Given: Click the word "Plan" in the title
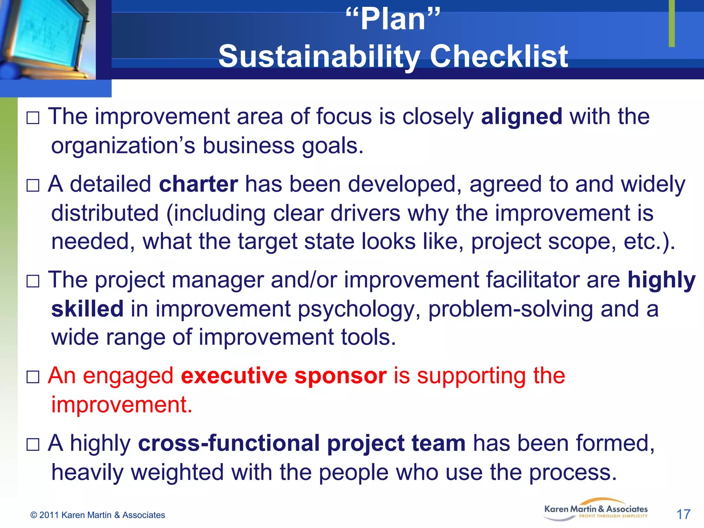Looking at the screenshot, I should [x=393, y=20].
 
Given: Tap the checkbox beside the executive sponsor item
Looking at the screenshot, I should [x=33, y=377].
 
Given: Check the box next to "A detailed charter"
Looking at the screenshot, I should [x=33, y=186].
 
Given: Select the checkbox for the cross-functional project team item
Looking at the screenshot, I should [x=33, y=444].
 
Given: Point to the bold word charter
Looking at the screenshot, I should [x=198, y=184].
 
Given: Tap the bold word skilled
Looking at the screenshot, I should [x=87, y=309].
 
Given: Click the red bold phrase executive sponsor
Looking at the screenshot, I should [x=284, y=375].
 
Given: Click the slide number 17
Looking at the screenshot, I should [x=683, y=515].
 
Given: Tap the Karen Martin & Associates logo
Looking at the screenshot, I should [x=596, y=510].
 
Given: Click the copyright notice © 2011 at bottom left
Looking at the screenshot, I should [x=98, y=515].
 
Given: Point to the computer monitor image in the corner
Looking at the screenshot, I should [x=46, y=38].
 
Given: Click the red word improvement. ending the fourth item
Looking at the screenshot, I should [x=122, y=405].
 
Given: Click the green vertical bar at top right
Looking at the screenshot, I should [x=672, y=23].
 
